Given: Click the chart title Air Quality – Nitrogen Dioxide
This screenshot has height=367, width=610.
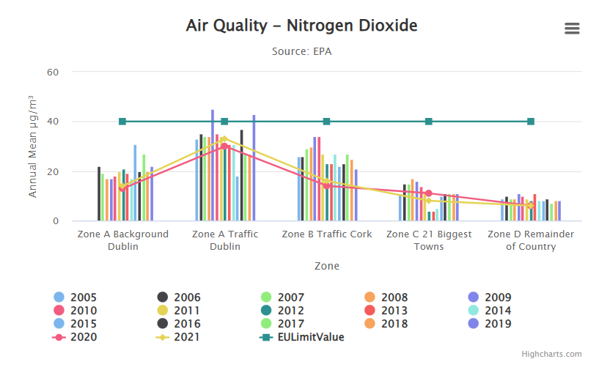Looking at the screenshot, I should (x=301, y=26).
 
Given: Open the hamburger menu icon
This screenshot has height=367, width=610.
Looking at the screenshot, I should (x=572, y=29).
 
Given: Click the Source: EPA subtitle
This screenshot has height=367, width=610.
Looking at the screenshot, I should (x=301, y=51).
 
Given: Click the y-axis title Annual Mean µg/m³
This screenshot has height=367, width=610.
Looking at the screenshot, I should (x=32, y=147).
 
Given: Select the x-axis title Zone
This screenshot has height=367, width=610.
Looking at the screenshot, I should (x=326, y=266).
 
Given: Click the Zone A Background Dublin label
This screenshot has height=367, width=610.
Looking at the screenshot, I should (x=123, y=240).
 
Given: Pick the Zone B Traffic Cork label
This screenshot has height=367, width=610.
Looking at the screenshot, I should (x=326, y=234).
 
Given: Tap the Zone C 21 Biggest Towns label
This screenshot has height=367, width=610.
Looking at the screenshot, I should (x=429, y=240).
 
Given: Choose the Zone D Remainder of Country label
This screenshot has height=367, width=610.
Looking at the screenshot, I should (x=531, y=240).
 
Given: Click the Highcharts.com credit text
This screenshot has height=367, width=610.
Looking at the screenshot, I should (x=551, y=355).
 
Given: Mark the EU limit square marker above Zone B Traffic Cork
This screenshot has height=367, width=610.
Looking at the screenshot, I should (x=326, y=122).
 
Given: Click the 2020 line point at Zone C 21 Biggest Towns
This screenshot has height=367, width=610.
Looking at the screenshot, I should (x=429, y=193).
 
